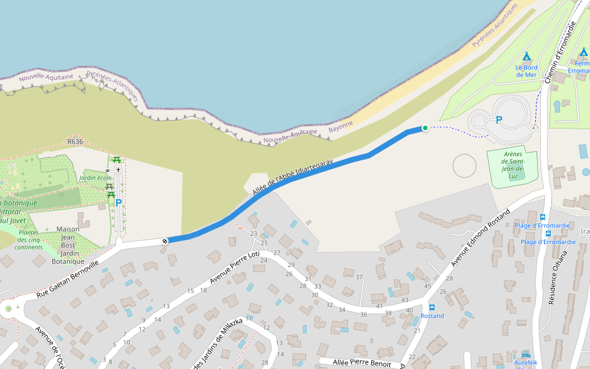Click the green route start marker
point(425,128)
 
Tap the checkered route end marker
point(165,240)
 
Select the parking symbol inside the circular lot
point(499,120)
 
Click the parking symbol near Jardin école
point(119,202)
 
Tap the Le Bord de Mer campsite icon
point(526,57)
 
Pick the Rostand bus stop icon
point(432,307)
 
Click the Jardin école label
point(95,178)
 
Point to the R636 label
point(75,141)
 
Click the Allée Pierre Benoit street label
point(355,362)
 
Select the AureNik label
point(525,363)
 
